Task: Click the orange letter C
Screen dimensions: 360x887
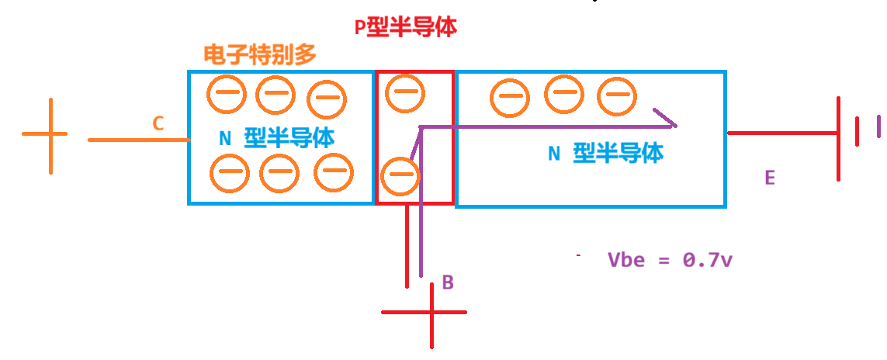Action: [x=158, y=123]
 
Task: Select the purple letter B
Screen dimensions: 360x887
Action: [x=448, y=282]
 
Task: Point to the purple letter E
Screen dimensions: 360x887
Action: [x=769, y=178]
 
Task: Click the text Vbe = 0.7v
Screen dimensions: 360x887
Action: [x=670, y=260]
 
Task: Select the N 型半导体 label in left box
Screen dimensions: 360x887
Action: [x=277, y=139]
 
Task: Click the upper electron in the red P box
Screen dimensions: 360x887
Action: [x=405, y=94]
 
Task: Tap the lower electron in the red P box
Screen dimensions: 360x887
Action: [x=400, y=176]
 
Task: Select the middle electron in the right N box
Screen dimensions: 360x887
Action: [x=563, y=94]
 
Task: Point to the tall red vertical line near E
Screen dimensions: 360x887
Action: [x=839, y=140]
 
